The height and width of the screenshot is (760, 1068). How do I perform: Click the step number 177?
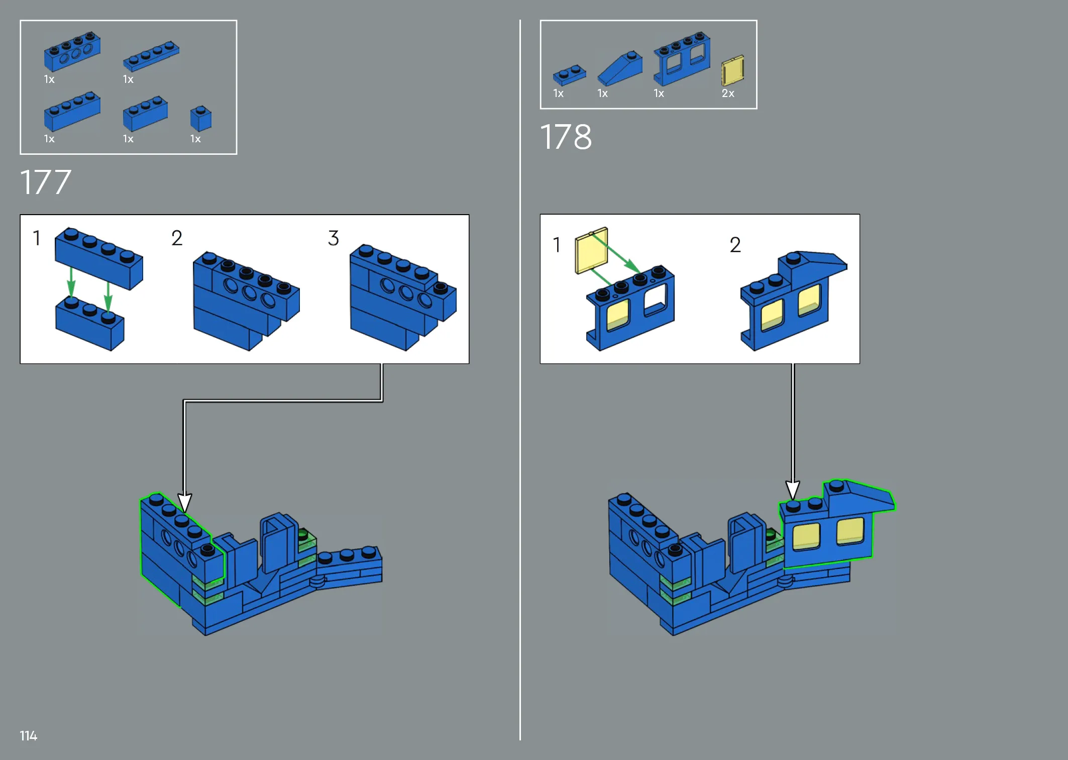coord(45,182)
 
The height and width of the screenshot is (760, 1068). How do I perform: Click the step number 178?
coord(566,137)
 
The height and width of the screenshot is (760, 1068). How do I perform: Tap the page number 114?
coord(29,736)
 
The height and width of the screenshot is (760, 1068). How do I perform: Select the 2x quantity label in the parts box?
coord(728,93)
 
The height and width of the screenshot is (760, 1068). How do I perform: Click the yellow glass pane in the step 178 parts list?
coord(732,71)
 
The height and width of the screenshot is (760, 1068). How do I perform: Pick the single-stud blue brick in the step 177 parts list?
coord(201,119)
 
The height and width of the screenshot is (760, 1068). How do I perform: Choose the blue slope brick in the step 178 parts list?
coord(620,68)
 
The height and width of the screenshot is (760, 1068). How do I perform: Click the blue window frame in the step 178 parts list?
coord(682,59)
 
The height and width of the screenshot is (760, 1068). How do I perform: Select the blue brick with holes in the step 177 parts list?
coord(72,52)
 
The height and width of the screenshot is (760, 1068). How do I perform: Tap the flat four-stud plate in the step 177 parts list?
coord(151,56)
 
